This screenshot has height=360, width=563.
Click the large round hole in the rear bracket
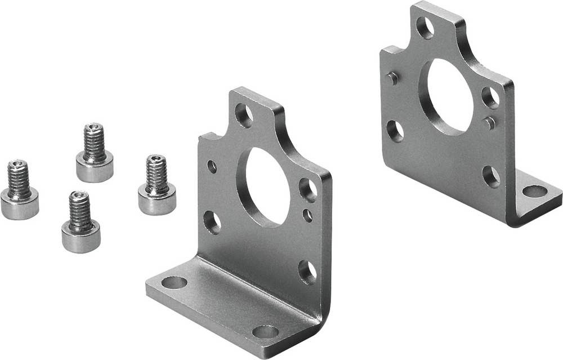[449, 96]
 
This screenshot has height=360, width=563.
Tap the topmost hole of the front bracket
[244, 115]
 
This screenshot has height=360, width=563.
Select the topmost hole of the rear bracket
[425, 28]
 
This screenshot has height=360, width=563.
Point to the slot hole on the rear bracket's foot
[534, 192]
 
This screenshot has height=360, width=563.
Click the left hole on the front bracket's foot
[175, 282]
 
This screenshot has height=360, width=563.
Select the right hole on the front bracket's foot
[265, 331]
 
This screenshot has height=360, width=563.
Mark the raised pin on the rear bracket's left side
[392, 78]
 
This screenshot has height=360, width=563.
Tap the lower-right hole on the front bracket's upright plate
[307, 272]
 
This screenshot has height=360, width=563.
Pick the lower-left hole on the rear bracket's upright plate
[395, 131]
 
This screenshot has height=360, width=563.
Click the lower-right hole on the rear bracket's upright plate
[491, 176]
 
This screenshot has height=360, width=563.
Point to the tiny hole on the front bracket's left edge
[212, 166]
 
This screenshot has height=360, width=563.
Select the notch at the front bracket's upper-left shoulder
[209, 136]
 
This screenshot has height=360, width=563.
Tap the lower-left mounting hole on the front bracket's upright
[212, 222]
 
